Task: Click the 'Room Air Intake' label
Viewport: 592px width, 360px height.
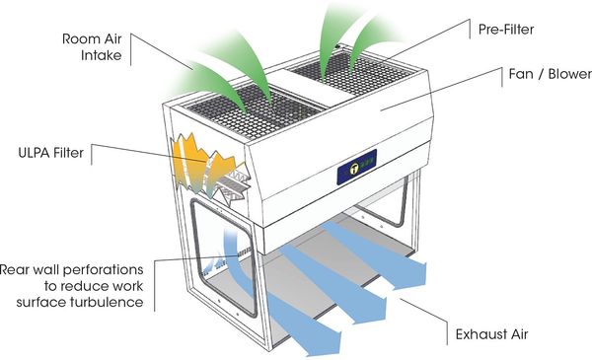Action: [x=92, y=47]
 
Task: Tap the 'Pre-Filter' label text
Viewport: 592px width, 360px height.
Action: [x=506, y=30]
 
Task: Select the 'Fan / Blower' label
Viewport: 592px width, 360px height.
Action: [x=551, y=74]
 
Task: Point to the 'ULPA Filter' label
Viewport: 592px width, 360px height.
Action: [x=51, y=153]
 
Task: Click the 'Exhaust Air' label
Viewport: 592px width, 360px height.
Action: [x=491, y=334]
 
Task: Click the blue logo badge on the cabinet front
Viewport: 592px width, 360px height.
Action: [x=357, y=167]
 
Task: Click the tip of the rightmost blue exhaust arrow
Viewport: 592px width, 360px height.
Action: [x=426, y=274]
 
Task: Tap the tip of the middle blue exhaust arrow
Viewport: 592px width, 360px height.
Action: [x=386, y=309]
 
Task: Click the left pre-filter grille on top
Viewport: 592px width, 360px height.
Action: [x=254, y=110]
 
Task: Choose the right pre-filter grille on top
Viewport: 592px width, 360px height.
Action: [x=351, y=74]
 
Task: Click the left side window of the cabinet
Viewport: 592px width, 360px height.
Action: [x=223, y=256]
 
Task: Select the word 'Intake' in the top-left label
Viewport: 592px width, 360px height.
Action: [x=102, y=55]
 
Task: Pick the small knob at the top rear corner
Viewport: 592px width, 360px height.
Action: [x=338, y=46]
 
